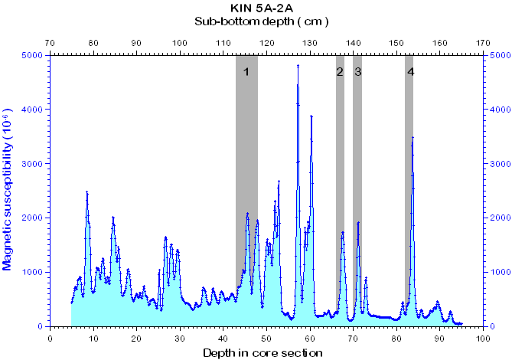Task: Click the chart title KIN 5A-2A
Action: (x=256, y=8)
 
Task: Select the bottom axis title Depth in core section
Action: (x=263, y=352)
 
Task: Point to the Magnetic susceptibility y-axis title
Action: (x=8, y=191)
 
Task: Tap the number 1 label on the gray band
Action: (x=246, y=72)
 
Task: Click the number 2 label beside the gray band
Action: (x=339, y=72)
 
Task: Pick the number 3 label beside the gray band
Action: (x=357, y=72)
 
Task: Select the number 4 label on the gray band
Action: (x=411, y=72)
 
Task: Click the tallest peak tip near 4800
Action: (x=298, y=67)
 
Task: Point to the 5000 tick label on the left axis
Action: (x=33, y=55)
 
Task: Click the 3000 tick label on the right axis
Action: (x=499, y=164)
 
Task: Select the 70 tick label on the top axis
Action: (x=50, y=43)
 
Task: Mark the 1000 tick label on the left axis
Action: (x=33, y=272)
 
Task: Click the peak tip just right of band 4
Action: (x=413, y=138)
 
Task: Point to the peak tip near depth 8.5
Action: (x=86, y=192)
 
